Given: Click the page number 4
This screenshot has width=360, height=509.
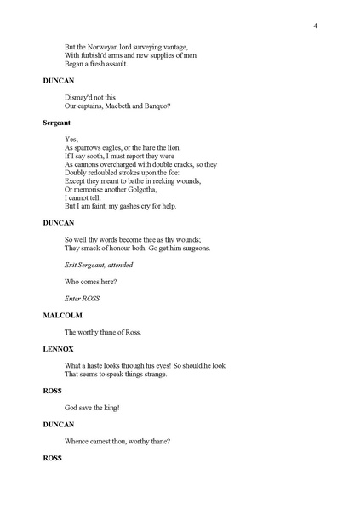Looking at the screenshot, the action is [x=315, y=26].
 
